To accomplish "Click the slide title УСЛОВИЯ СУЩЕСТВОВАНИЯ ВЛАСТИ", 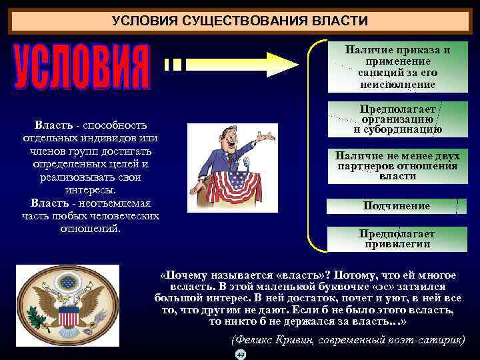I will coord(239,21).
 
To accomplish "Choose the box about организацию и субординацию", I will coord(397,119).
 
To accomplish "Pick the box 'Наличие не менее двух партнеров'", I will coord(397,166).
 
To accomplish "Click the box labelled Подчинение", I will coord(397,206).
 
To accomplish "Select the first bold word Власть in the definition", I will coord(51,125).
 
